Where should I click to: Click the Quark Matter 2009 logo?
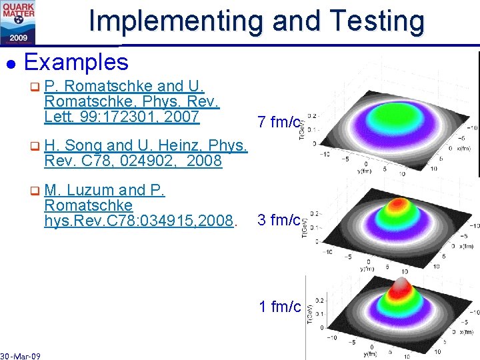pyautogui.click(x=19, y=21)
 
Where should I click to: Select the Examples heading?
pyautogui.click(x=75, y=62)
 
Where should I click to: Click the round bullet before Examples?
pyautogui.click(x=10, y=63)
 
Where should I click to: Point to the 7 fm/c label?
pyautogui.click(x=279, y=122)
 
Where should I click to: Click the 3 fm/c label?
pyautogui.click(x=279, y=220)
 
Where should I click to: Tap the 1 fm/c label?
pyautogui.click(x=280, y=307)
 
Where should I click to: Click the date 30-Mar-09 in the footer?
pyautogui.click(x=20, y=356)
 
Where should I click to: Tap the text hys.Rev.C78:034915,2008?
pyautogui.click(x=139, y=220)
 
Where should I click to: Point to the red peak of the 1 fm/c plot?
pyautogui.click(x=400, y=287)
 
